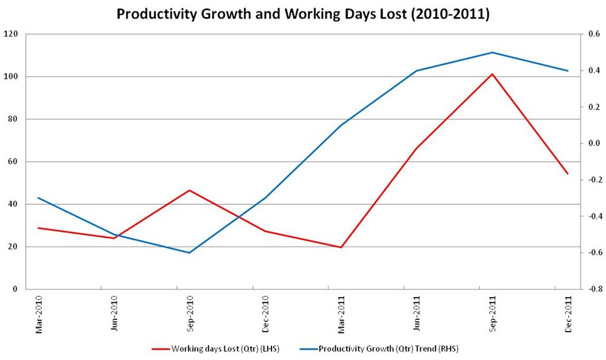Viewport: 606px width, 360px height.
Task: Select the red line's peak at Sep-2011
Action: coord(492,74)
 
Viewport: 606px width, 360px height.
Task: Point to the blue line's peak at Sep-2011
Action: coord(492,52)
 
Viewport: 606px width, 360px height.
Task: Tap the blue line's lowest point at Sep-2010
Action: coord(189,253)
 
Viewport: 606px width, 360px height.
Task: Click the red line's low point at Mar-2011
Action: coord(341,247)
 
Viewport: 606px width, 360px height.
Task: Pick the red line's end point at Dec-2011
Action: coord(568,174)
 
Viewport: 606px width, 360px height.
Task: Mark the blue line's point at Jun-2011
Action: coord(416,71)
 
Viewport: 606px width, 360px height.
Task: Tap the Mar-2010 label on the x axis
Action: coord(39,313)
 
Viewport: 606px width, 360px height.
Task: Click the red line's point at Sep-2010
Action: coord(189,190)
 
